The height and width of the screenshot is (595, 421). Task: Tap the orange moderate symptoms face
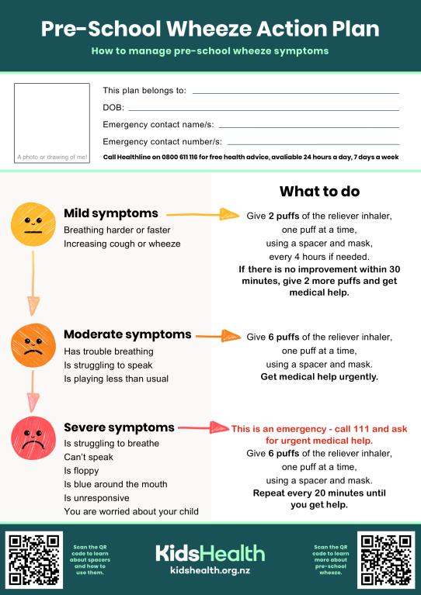click(32, 346)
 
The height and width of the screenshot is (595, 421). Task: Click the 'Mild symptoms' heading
click(111, 213)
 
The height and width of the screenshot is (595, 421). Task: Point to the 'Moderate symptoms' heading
click(127, 334)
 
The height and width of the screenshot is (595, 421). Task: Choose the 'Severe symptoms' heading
click(119, 427)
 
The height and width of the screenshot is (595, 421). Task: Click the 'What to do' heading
click(319, 191)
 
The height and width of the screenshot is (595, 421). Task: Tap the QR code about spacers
click(33, 559)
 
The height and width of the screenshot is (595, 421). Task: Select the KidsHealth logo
click(210, 553)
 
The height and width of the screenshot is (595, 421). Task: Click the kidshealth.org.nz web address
click(210, 570)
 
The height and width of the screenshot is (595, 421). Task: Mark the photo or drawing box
click(52, 123)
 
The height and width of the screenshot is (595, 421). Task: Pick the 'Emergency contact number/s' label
click(162, 141)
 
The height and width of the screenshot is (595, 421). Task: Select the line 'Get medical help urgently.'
click(319, 377)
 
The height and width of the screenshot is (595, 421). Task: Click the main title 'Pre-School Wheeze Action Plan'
click(210, 29)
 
